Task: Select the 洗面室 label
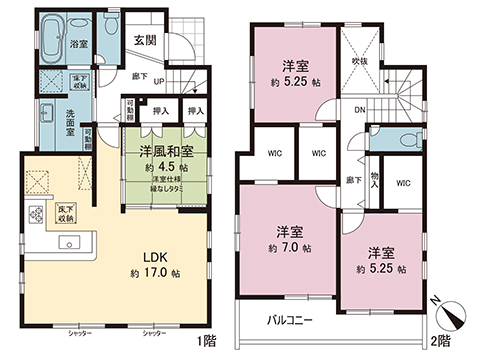(x=70, y=122)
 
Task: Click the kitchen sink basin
(x=70, y=241)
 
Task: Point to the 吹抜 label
(x=361, y=61)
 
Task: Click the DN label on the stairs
(x=359, y=111)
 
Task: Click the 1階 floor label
(x=207, y=341)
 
